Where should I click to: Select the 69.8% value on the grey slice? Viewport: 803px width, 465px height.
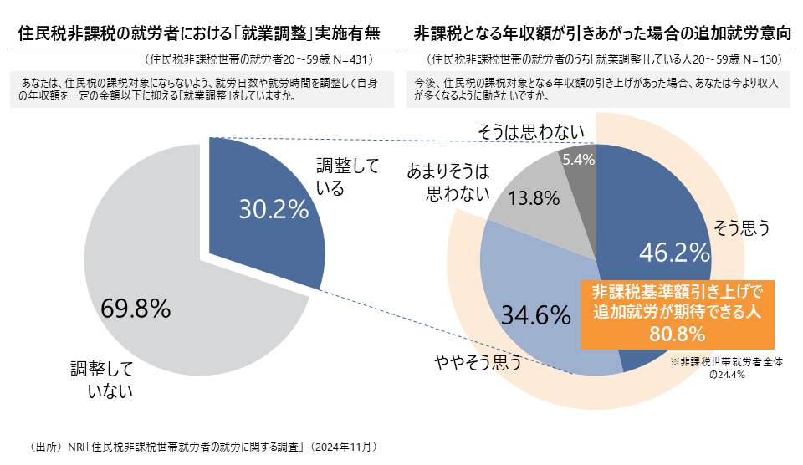coord(136,308)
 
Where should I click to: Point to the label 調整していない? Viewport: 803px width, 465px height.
coord(103,378)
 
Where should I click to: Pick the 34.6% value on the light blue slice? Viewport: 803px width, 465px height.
coord(535,315)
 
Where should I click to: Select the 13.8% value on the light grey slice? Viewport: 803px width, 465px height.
coord(533,198)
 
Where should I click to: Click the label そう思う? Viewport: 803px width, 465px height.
coord(741,227)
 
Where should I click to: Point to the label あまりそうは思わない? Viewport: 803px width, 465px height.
coord(448,182)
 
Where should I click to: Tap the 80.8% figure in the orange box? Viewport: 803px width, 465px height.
coord(677,334)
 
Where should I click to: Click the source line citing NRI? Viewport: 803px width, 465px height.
coord(204,447)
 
